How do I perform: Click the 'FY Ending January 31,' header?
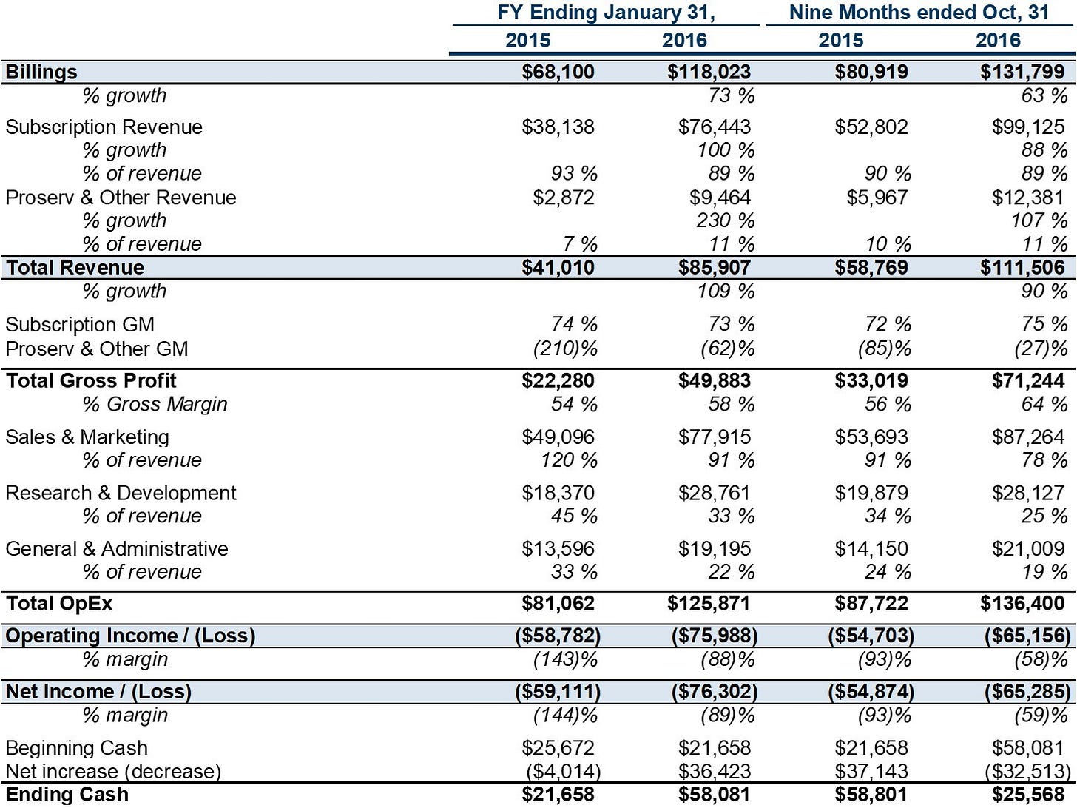[607, 13]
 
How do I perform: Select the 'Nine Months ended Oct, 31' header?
[919, 13]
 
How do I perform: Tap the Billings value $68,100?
[558, 72]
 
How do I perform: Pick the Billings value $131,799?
[1022, 72]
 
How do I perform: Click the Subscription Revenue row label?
[104, 127]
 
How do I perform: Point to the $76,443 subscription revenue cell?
[715, 127]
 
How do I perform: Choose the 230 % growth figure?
[725, 220]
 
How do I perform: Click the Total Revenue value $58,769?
[871, 267]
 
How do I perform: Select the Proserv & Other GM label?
[97, 349]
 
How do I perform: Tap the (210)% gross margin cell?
[565, 349]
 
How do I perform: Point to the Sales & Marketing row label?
[87, 437]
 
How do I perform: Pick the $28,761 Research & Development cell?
[715, 493]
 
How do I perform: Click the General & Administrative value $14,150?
[871, 548]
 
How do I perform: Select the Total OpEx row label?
[59, 604]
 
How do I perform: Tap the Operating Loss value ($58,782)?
[558, 636]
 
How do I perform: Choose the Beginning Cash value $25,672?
[558, 748]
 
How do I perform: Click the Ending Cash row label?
[67, 795]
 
